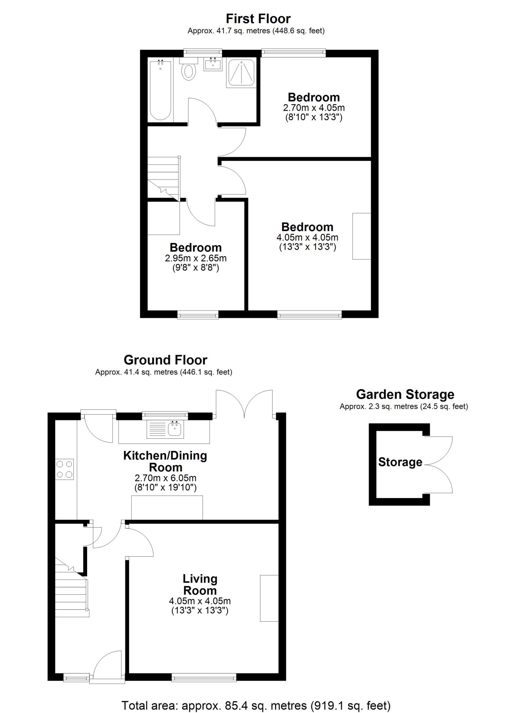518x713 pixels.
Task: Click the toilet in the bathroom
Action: point(188,69)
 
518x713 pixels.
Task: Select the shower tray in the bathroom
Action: point(241,73)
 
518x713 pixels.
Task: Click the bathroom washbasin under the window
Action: point(213,64)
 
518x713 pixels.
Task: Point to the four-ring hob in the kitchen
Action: point(65,469)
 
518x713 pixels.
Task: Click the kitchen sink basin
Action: point(175,429)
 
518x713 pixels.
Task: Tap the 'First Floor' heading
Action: point(258,18)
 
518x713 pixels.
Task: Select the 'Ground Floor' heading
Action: point(165,360)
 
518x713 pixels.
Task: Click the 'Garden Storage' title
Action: point(405,394)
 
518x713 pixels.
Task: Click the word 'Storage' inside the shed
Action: point(400,462)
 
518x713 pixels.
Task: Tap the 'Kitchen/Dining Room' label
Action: point(165,461)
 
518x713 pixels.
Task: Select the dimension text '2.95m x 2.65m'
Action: point(196,258)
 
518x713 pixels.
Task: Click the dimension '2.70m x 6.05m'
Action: point(165,478)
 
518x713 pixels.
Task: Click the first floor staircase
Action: point(164,178)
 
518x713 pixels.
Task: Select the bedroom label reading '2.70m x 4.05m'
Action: point(314,108)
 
